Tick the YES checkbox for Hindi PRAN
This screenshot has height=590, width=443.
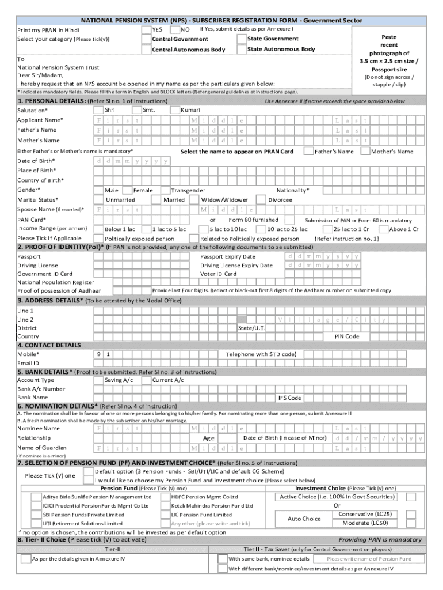(x=146, y=29)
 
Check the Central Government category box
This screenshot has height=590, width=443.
(x=146, y=39)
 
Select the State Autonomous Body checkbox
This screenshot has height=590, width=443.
(x=241, y=50)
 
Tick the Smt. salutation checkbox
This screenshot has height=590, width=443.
(x=137, y=109)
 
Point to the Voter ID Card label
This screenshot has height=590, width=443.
(x=218, y=274)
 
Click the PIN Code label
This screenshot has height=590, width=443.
(x=347, y=336)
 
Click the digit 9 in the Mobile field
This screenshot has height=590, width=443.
(x=99, y=354)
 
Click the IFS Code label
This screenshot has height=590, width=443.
(x=290, y=398)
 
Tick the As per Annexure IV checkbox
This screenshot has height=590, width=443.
(x=25, y=559)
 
